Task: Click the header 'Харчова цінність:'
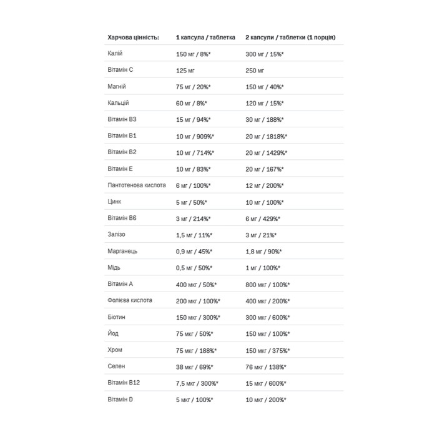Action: click(134, 37)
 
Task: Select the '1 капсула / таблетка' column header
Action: click(205, 37)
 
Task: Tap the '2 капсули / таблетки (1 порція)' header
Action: click(295, 37)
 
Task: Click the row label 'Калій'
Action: click(115, 54)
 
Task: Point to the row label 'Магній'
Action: click(117, 87)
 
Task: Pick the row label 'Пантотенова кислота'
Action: click(137, 185)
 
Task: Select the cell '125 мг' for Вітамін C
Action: click(187, 71)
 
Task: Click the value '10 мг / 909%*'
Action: click(196, 136)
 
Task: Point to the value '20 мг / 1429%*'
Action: click(268, 152)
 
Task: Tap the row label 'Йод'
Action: click(114, 333)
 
